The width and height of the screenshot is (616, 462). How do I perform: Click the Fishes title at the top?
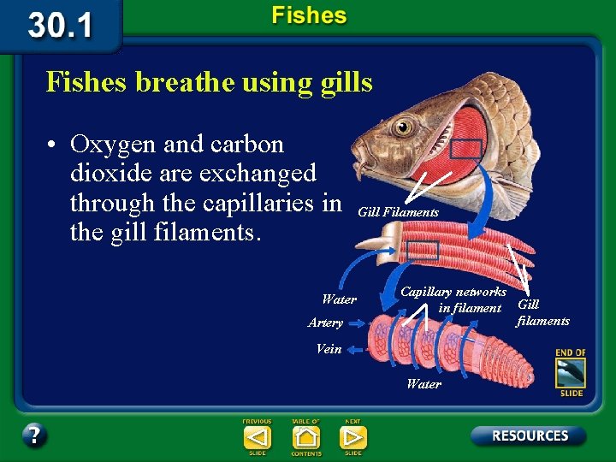(x=309, y=15)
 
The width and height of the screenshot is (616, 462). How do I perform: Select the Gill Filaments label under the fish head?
(x=398, y=212)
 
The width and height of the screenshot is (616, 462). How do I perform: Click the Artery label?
(x=325, y=323)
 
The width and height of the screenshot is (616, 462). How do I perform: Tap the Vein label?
(x=329, y=349)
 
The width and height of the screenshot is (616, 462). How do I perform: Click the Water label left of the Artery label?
(x=339, y=299)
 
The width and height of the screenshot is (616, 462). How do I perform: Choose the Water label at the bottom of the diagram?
(x=424, y=384)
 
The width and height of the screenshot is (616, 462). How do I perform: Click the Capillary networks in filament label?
(x=454, y=299)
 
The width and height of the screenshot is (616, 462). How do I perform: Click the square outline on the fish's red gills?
(x=466, y=148)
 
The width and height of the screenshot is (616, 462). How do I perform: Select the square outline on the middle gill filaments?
(x=423, y=250)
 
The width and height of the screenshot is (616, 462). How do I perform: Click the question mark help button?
(x=34, y=435)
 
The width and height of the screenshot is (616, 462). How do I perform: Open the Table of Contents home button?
(x=305, y=437)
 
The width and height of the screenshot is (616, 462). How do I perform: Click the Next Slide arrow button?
(x=352, y=437)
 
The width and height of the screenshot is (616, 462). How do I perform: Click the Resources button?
(x=530, y=435)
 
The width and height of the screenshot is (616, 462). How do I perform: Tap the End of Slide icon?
(x=570, y=372)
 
